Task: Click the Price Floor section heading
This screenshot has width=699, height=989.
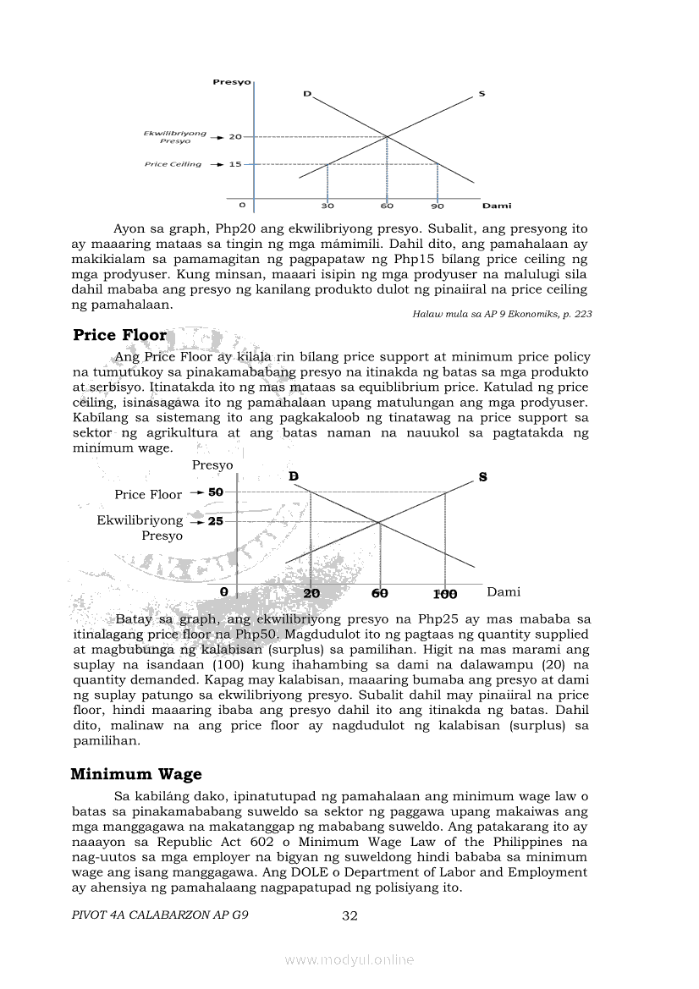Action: point(120,335)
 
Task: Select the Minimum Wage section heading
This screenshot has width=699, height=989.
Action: point(136,774)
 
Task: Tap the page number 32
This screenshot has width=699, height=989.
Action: point(350,915)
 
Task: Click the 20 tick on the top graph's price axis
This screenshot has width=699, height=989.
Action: point(235,136)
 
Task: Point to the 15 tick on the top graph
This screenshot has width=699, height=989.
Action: point(235,164)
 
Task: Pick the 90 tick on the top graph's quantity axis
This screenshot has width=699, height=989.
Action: point(437,206)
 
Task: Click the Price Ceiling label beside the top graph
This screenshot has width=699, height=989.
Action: point(173,164)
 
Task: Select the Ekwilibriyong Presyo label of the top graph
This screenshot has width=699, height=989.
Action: point(174,137)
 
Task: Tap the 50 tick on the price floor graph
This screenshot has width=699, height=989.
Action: point(216,492)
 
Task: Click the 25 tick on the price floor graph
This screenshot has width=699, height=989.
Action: point(216,521)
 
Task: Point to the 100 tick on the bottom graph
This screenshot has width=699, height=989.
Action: point(445,594)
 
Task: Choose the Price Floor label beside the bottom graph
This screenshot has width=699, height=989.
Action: point(148,495)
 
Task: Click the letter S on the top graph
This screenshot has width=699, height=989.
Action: point(482,93)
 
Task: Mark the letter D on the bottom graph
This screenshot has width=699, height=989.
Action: point(294,477)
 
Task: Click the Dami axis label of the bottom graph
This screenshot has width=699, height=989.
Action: point(504,592)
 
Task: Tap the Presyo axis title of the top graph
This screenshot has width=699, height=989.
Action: point(231,82)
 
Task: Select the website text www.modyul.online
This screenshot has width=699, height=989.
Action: point(349,959)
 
